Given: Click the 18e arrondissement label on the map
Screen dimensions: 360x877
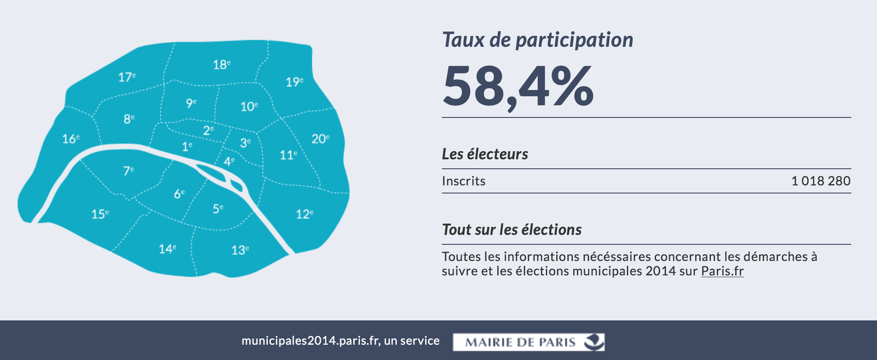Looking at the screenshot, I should pos(221,65).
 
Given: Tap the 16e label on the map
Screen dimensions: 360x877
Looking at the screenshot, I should pos(71,139).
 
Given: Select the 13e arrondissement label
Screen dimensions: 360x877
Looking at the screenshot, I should pos(240,250).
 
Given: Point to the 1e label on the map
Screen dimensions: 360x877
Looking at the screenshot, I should pos(187,147).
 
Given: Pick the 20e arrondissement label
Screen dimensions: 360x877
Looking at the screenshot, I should pos(320,139).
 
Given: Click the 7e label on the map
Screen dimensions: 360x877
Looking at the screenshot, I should pos(128,171).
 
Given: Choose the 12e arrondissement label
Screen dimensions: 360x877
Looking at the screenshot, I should pos(304,214).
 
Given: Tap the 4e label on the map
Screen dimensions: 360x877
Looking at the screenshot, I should pos(229,161).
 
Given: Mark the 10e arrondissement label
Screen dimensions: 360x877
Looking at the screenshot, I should pos(249,107).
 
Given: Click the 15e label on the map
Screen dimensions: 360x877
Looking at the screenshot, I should pos(100,214).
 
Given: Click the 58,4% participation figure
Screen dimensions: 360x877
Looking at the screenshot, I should pos(518,86).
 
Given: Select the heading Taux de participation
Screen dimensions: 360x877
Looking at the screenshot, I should pos(537,40).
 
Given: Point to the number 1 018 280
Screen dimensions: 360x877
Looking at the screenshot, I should pos(820,181).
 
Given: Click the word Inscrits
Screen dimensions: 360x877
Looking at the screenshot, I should pos(463,181).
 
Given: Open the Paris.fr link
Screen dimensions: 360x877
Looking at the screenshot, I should pos(722,271).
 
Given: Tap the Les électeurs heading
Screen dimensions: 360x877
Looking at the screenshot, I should pos(485,154).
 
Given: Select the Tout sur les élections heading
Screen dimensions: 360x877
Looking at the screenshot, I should pos(512,229).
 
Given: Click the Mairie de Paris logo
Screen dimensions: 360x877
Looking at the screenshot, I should pos(528,342).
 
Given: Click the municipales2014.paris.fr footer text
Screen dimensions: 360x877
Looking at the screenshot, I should pos(340,341).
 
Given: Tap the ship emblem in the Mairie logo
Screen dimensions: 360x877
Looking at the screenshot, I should pos(594,342).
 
